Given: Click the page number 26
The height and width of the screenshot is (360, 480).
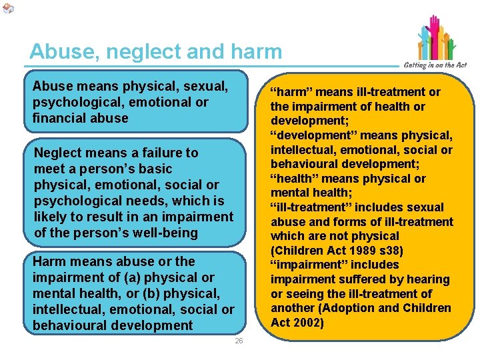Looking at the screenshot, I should [239, 341].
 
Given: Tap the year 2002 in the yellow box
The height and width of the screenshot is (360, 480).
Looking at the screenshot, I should [309, 323].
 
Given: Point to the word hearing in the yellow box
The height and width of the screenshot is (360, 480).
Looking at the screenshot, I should [427, 279].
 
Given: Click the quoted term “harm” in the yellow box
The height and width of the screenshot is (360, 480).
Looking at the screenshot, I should [287, 92].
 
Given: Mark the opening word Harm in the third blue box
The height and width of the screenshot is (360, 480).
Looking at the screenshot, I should [48, 261].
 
